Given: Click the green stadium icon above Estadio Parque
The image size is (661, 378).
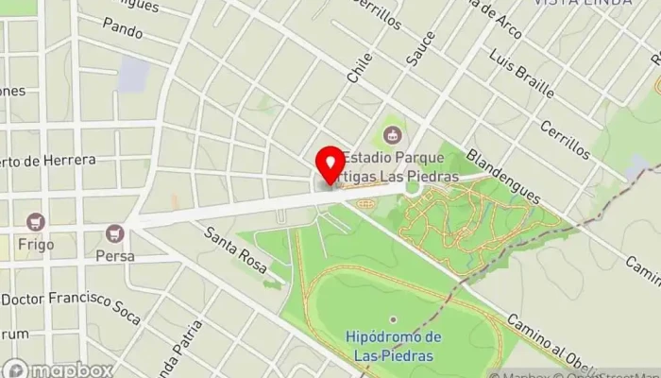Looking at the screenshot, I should point(392,135).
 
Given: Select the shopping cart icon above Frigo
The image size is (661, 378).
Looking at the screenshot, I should point(37,222).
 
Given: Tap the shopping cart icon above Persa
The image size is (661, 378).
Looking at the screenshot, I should point(115,232).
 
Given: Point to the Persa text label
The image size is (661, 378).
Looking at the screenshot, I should point(115,255).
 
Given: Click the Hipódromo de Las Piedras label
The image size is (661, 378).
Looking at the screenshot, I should point(394,347).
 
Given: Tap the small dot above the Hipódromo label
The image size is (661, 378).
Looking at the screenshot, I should point(393,318).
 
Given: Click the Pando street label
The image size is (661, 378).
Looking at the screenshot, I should point(125,33).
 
